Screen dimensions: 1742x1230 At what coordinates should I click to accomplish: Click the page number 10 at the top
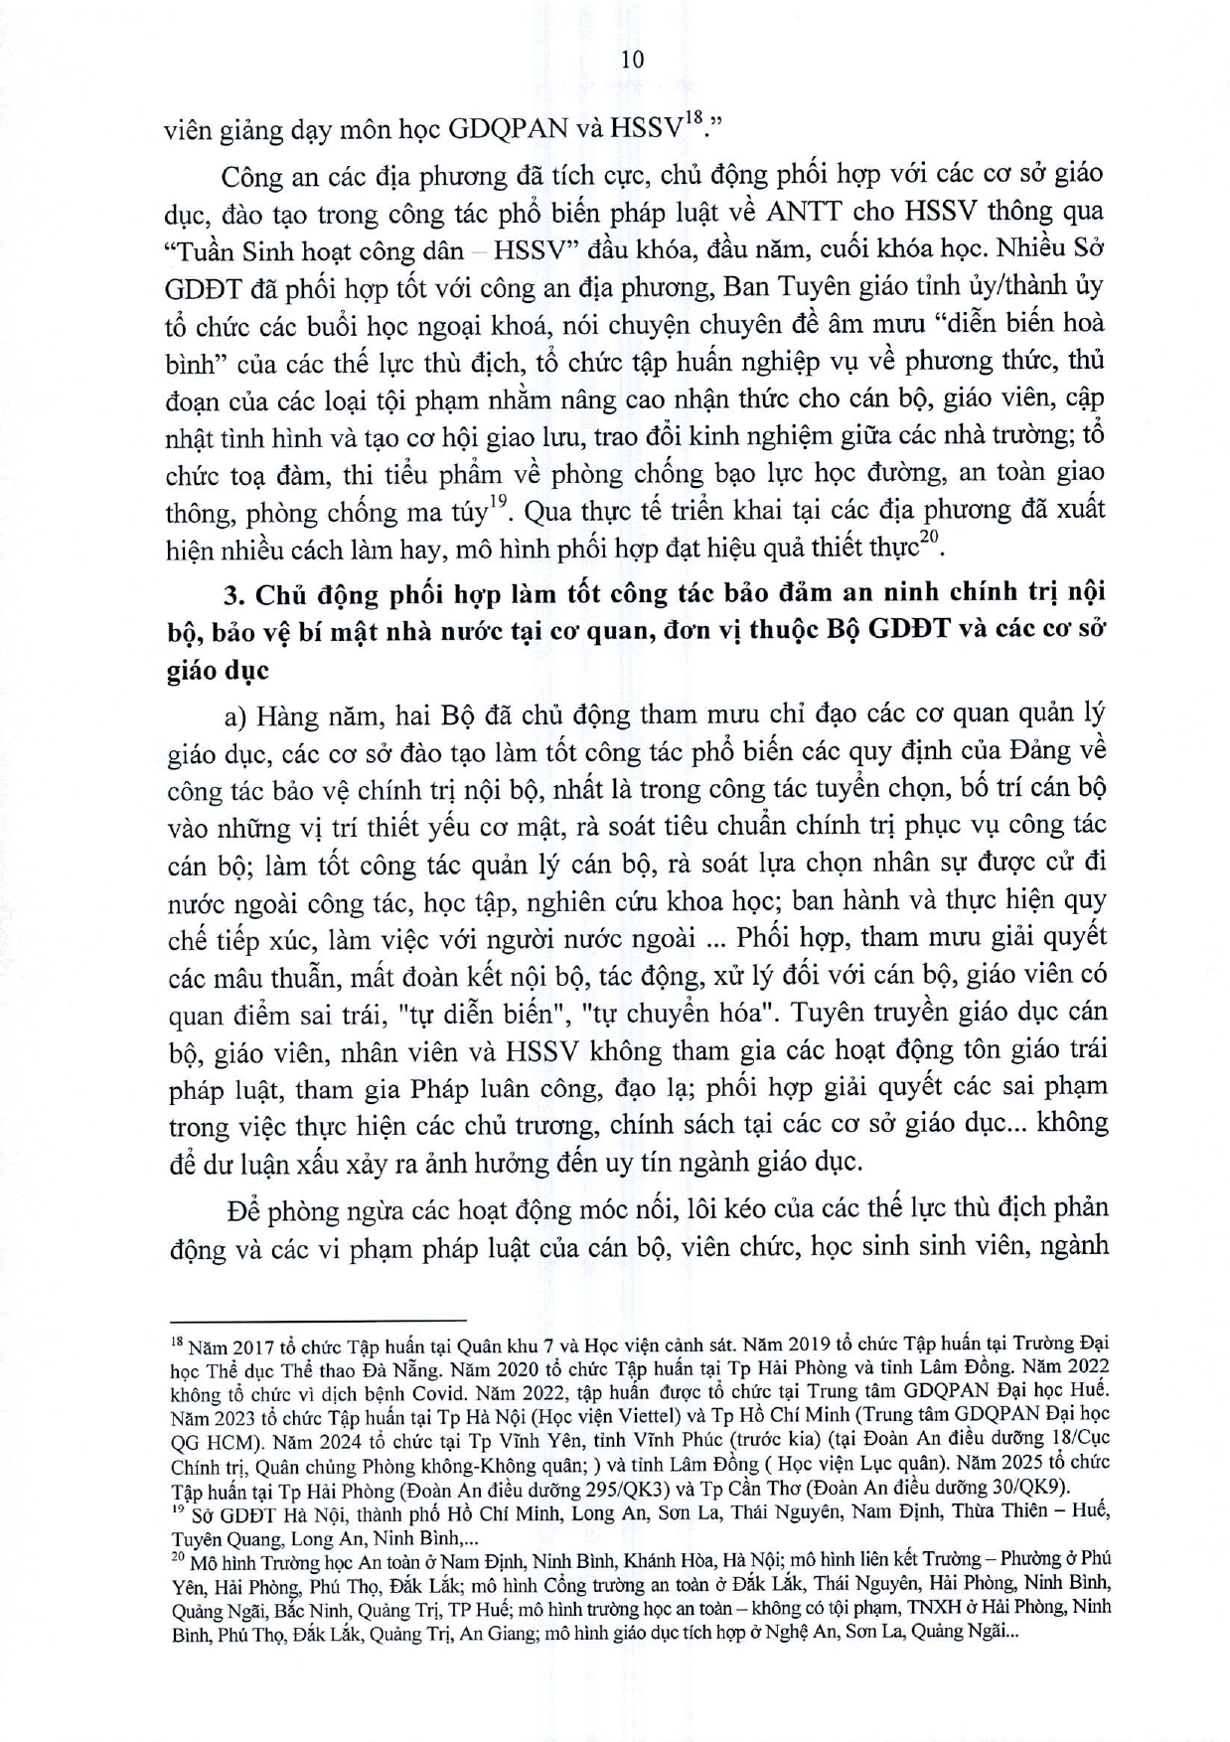click(x=632, y=60)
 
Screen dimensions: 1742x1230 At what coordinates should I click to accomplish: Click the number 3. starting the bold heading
click(x=234, y=594)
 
